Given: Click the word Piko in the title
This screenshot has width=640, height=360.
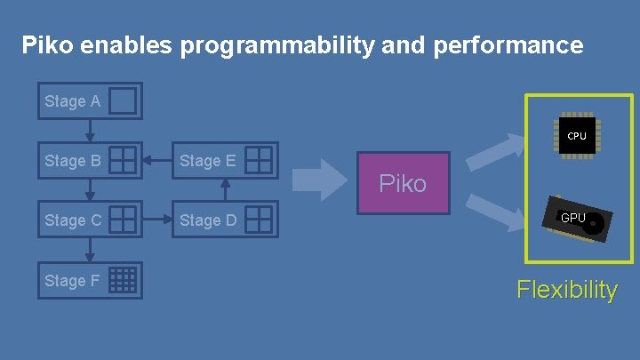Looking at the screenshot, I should pos(47,44).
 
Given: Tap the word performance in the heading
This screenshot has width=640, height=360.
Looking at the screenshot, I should pos(508,45).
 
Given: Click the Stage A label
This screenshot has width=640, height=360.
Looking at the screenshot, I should pos(72,101).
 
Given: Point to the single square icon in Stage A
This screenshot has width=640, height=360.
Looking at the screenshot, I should pos(124,101).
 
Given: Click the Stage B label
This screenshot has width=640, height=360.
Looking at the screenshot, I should pos(72,161).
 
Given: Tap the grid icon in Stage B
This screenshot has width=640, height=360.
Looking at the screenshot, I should pos(124,160).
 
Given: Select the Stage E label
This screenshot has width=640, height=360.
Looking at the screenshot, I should pos(207,161).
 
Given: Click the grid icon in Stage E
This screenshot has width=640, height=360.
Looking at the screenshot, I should pos(259,160).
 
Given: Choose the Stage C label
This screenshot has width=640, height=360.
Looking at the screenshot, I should pos(72,220).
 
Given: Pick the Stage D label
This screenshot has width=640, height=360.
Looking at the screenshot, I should pos(207,220).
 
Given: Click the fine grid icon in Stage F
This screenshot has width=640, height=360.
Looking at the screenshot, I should pos(124,280).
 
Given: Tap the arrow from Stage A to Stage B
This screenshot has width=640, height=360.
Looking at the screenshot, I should pos(90,131).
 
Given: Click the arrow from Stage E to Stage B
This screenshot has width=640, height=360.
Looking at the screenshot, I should pos(157,161).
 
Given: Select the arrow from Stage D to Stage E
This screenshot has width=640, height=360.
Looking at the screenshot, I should pos(225,190).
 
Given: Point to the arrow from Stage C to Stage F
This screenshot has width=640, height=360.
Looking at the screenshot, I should pos(90,251).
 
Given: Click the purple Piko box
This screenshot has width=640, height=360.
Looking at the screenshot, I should pos(403,184).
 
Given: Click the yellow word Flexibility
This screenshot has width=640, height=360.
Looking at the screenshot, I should pos(567,290).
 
